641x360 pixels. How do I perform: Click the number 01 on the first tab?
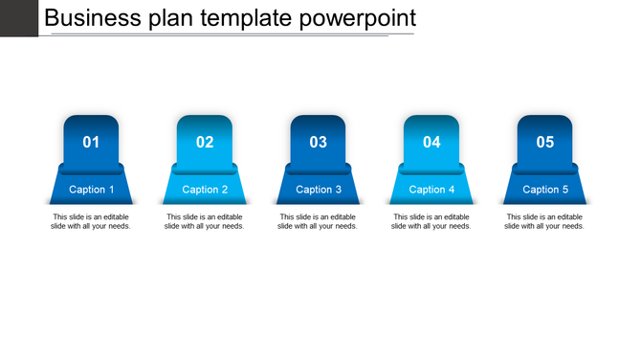[91, 143]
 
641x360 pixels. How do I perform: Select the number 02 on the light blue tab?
[205, 143]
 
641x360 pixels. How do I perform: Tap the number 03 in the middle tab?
[319, 143]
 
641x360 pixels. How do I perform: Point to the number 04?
[431, 143]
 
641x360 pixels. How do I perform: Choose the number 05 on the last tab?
[545, 143]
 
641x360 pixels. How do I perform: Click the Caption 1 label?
[92, 190]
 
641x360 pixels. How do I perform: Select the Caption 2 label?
[205, 190]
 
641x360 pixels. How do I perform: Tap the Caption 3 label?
[319, 190]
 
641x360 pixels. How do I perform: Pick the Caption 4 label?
[431, 190]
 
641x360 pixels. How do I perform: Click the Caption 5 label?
[545, 190]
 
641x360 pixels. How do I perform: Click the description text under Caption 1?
[91, 221]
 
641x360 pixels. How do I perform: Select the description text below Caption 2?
[205, 221]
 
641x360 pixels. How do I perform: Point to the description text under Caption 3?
[319, 221]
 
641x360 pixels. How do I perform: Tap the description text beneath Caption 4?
[431, 221]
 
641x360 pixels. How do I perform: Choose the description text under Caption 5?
[545, 221]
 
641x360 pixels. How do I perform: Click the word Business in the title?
[92, 18]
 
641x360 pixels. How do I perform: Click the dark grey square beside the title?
[19, 17]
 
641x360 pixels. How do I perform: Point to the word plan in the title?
[169, 19]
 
